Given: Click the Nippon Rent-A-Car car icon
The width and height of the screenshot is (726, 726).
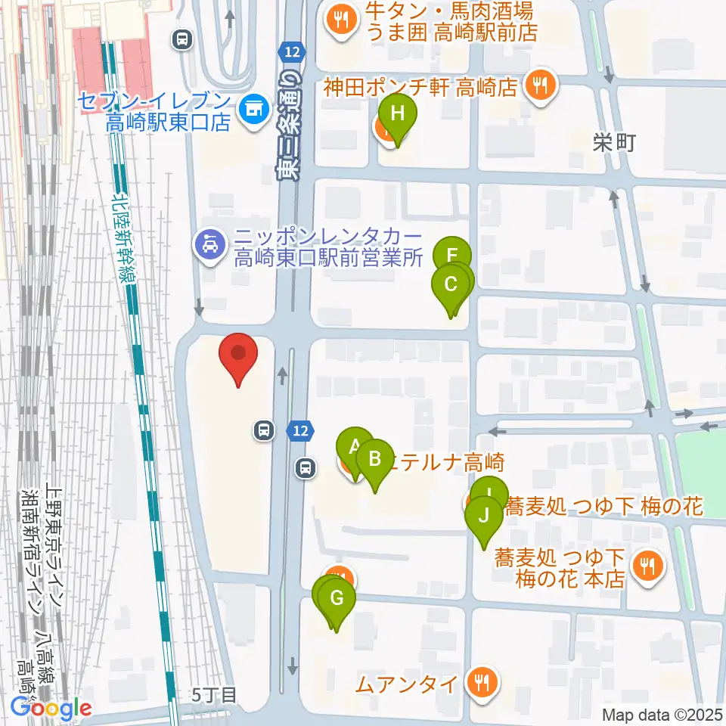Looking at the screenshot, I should click(x=206, y=246).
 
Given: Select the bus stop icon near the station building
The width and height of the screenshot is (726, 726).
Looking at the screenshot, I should click(x=181, y=39).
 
